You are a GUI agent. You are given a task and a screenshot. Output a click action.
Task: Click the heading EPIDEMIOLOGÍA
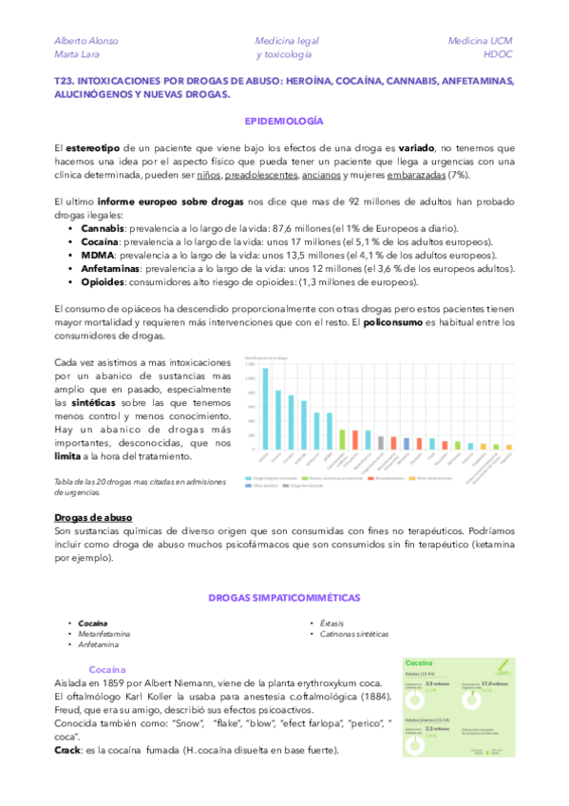(x=284, y=123)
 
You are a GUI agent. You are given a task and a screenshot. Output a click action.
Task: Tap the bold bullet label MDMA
(x=98, y=256)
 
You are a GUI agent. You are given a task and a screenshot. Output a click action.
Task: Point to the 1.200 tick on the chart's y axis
(x=250, y=364)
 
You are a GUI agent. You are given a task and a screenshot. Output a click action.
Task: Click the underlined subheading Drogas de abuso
(x=92, y=516)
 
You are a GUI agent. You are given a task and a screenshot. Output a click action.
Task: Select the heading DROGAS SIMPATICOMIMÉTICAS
(x=284, y=597)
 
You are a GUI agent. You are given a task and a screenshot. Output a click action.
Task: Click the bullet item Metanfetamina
(x=104, y=633)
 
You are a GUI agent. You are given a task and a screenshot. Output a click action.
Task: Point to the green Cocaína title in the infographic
(x=420, y=662)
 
